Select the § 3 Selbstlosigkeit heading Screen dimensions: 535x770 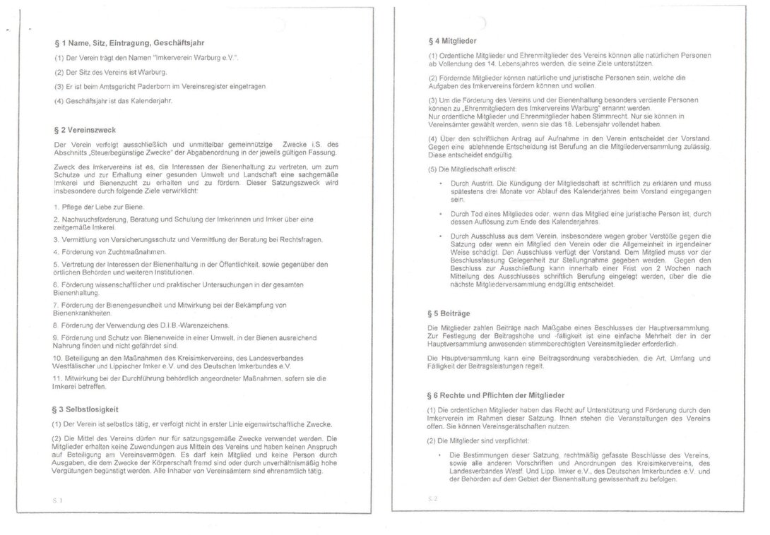[87, 409]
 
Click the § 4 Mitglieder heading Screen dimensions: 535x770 [458, 41]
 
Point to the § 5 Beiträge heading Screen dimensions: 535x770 [450, 312]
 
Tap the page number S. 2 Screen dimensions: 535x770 [433, 499]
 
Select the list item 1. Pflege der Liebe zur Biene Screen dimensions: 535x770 [99, 207]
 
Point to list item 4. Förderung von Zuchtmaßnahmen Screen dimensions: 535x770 [109, 251]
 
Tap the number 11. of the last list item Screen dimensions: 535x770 [59, 378]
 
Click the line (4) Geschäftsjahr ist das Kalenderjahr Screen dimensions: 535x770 [114, 100]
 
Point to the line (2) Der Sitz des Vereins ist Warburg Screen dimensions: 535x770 [111, 72]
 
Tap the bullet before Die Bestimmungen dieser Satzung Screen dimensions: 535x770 [441, 455]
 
